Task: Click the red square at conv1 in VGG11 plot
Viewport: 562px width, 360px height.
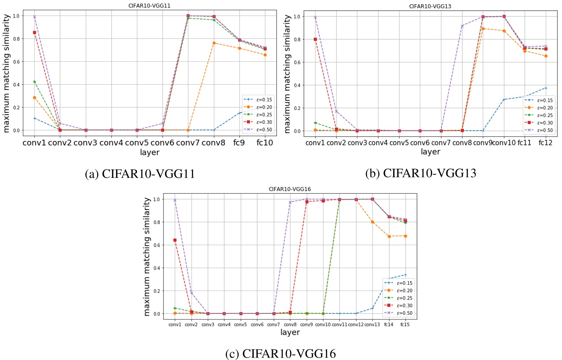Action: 34,32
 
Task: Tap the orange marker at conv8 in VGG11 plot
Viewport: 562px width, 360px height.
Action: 214,43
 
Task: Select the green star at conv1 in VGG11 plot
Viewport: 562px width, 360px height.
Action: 34,82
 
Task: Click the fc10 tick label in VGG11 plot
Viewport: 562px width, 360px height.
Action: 265,143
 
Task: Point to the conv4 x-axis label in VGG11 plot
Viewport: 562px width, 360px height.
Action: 111,143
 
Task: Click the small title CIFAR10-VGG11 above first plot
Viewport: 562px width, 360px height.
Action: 149,6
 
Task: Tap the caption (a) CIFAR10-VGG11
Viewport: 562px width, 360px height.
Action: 140,174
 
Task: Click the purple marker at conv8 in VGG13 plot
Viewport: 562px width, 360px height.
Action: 462,26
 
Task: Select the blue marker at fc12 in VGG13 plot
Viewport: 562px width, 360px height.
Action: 546,88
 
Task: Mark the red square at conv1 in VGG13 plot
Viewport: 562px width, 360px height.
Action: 315,39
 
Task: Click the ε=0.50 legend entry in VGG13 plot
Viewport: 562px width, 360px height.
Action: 540,130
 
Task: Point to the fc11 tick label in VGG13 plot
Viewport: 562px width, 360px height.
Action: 524,142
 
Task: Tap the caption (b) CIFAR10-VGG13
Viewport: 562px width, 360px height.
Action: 420,173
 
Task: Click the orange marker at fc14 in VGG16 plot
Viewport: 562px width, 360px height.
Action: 389,236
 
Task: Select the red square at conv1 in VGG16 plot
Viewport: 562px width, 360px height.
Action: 175,240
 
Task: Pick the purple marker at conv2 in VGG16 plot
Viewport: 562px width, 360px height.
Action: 191,293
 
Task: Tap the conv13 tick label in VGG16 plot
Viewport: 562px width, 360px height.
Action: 372,324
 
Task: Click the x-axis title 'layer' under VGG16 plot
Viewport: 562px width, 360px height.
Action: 290,332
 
